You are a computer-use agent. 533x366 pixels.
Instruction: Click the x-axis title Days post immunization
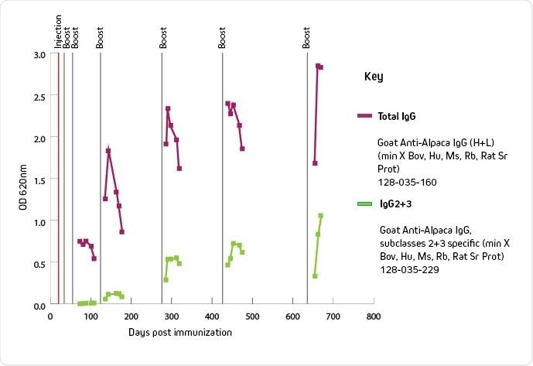coord(180,332)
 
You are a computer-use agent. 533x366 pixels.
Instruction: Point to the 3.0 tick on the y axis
coord(38,55)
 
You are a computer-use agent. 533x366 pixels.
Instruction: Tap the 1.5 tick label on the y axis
coord(38,180)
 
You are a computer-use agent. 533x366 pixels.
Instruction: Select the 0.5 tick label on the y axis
coord(38,264)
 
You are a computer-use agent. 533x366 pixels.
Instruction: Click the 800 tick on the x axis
coord(373,316)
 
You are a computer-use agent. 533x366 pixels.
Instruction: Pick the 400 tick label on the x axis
coord(211,316)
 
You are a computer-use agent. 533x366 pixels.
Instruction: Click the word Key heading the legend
coord(373,77)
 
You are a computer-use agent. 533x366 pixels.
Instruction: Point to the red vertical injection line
coord(59,178)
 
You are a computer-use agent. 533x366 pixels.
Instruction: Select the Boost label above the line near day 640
coord(307,37)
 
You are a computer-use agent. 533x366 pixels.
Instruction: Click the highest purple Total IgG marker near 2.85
coord(318,67)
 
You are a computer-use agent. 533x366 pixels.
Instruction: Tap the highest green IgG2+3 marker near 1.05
coord(320,216)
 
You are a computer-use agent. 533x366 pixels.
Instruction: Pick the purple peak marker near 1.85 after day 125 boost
coord(108,151)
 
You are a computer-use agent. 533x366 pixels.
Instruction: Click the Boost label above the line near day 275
coord(163,37)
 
